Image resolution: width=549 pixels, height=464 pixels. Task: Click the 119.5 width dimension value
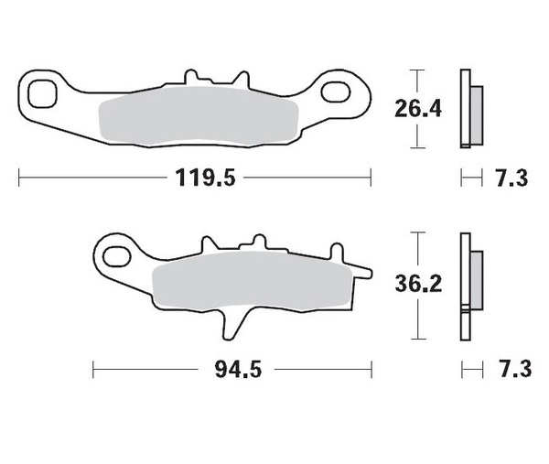207,178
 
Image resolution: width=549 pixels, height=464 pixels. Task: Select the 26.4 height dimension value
418,109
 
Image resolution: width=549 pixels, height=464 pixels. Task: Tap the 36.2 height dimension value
418,285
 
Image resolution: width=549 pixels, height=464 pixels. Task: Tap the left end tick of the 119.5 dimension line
19,178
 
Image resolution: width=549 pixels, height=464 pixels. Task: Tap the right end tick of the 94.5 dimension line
371,370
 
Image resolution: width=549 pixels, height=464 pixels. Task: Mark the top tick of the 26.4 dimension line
418,70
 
